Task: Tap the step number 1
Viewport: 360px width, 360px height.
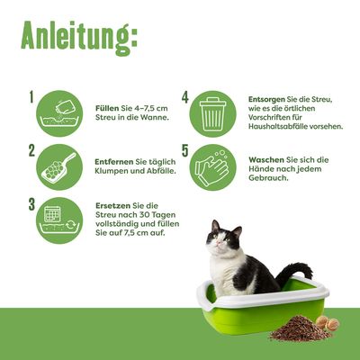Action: pyautogui.click(x=31, y=96)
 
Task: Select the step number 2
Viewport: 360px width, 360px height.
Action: pyautogui.click(x=31, y=150)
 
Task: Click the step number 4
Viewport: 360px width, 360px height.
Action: pyautogui.click(x=184, y=97)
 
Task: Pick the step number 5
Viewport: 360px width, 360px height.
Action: pyautogui.click(x=184, y=150)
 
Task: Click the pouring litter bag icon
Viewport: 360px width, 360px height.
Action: pyautogui.click(x=61, y=112)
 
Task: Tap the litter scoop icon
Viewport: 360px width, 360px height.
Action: pyautogui.click(x=61, y=166)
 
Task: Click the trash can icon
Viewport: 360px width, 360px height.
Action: pyautogui.click(x=215, y=112)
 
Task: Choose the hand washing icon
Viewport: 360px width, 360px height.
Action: pyautogui.click(x=215, y=166)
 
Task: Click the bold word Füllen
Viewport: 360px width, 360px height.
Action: pyautogui.click(x=108, y=106)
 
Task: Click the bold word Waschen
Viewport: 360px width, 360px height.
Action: pyautogui.click(x=266, y=159)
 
